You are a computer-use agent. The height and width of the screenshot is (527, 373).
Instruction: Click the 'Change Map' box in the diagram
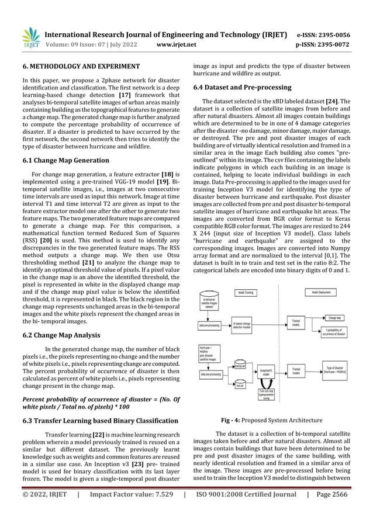point(336,318)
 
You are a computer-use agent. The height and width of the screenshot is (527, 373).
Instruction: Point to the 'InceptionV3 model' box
point(266,372)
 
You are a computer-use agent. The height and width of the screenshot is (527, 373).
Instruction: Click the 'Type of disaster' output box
point(336,372)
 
